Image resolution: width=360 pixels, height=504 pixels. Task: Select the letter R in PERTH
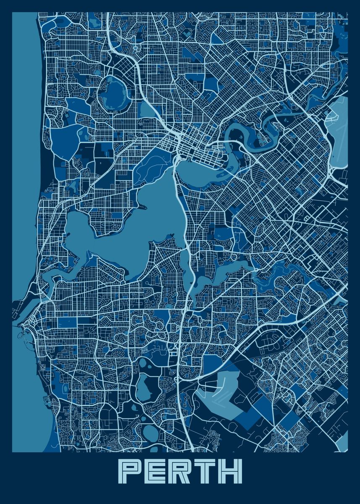point(180,471)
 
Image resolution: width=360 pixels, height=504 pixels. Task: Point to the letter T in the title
point(205,471)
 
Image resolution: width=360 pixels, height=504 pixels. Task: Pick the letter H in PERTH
point(230,471)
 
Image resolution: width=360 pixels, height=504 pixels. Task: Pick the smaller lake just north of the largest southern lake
point(143,363)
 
